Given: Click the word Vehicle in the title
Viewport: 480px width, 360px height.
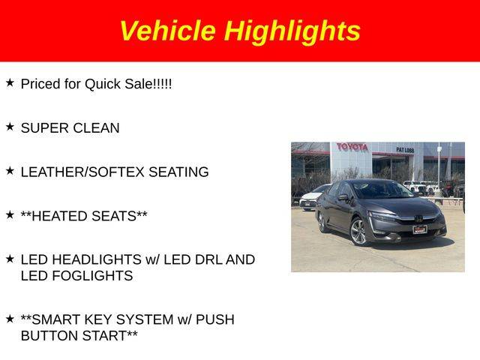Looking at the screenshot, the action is [x=168, y=31].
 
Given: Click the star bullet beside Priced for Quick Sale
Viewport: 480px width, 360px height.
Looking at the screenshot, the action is [x=10, y=82].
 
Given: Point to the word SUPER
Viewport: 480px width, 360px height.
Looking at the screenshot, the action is [x=45, y=128].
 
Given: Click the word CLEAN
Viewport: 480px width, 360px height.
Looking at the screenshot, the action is [x=96, y=128].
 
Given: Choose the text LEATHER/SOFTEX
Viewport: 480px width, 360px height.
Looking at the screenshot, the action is [x=82, y=172].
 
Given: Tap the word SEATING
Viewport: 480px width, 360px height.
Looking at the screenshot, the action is [x=178, y=172].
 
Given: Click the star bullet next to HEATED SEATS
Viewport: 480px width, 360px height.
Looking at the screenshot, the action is [x=10, y=214].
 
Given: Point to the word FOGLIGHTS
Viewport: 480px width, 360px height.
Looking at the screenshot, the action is [x=92, y=276].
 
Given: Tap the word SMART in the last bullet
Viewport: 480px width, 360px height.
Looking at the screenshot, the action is [x=56, y=319].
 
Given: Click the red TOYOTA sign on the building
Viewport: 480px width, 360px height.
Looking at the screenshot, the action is [x=352, y=147].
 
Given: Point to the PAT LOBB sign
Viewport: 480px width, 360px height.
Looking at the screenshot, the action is [x=405, y=150].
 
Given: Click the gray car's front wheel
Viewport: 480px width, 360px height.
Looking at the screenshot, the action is [x=358, y=232].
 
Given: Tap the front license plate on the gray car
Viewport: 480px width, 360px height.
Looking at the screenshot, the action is [x=420, y=229].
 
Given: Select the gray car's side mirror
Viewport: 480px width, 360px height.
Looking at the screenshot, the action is [x=343, y=197].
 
